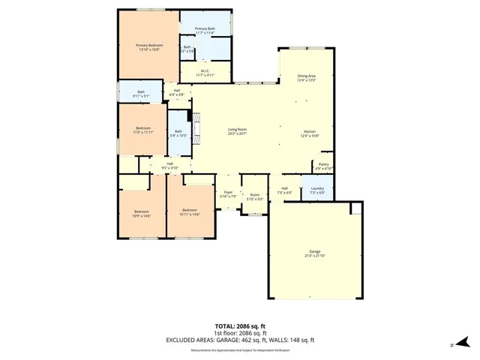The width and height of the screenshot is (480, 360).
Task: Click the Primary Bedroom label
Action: [148, 47]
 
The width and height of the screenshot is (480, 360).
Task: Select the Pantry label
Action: [324, 166]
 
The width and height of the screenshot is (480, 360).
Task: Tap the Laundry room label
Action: [316, 190]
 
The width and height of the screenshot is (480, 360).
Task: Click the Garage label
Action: [315, 253]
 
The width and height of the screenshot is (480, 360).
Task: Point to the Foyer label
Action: [228, 194]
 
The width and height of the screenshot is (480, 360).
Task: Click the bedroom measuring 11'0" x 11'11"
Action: [143, 130]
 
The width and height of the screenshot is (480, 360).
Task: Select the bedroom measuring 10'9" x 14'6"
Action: [142, 214]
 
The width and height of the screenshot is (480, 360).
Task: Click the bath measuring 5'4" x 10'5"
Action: [178, 133]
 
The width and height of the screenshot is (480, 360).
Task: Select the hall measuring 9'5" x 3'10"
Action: [170, 166]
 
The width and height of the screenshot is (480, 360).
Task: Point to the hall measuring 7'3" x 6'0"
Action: [285, 190]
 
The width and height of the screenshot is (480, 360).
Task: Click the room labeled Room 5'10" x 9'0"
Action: [255, 196]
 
